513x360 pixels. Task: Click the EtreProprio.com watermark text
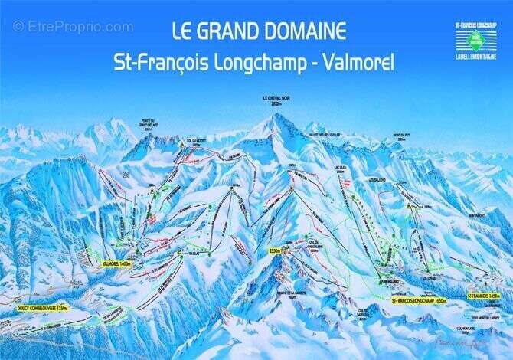click(73, 27)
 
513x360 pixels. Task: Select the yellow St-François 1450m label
click(484, 296)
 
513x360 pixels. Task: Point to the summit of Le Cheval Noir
click(276, 115)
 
